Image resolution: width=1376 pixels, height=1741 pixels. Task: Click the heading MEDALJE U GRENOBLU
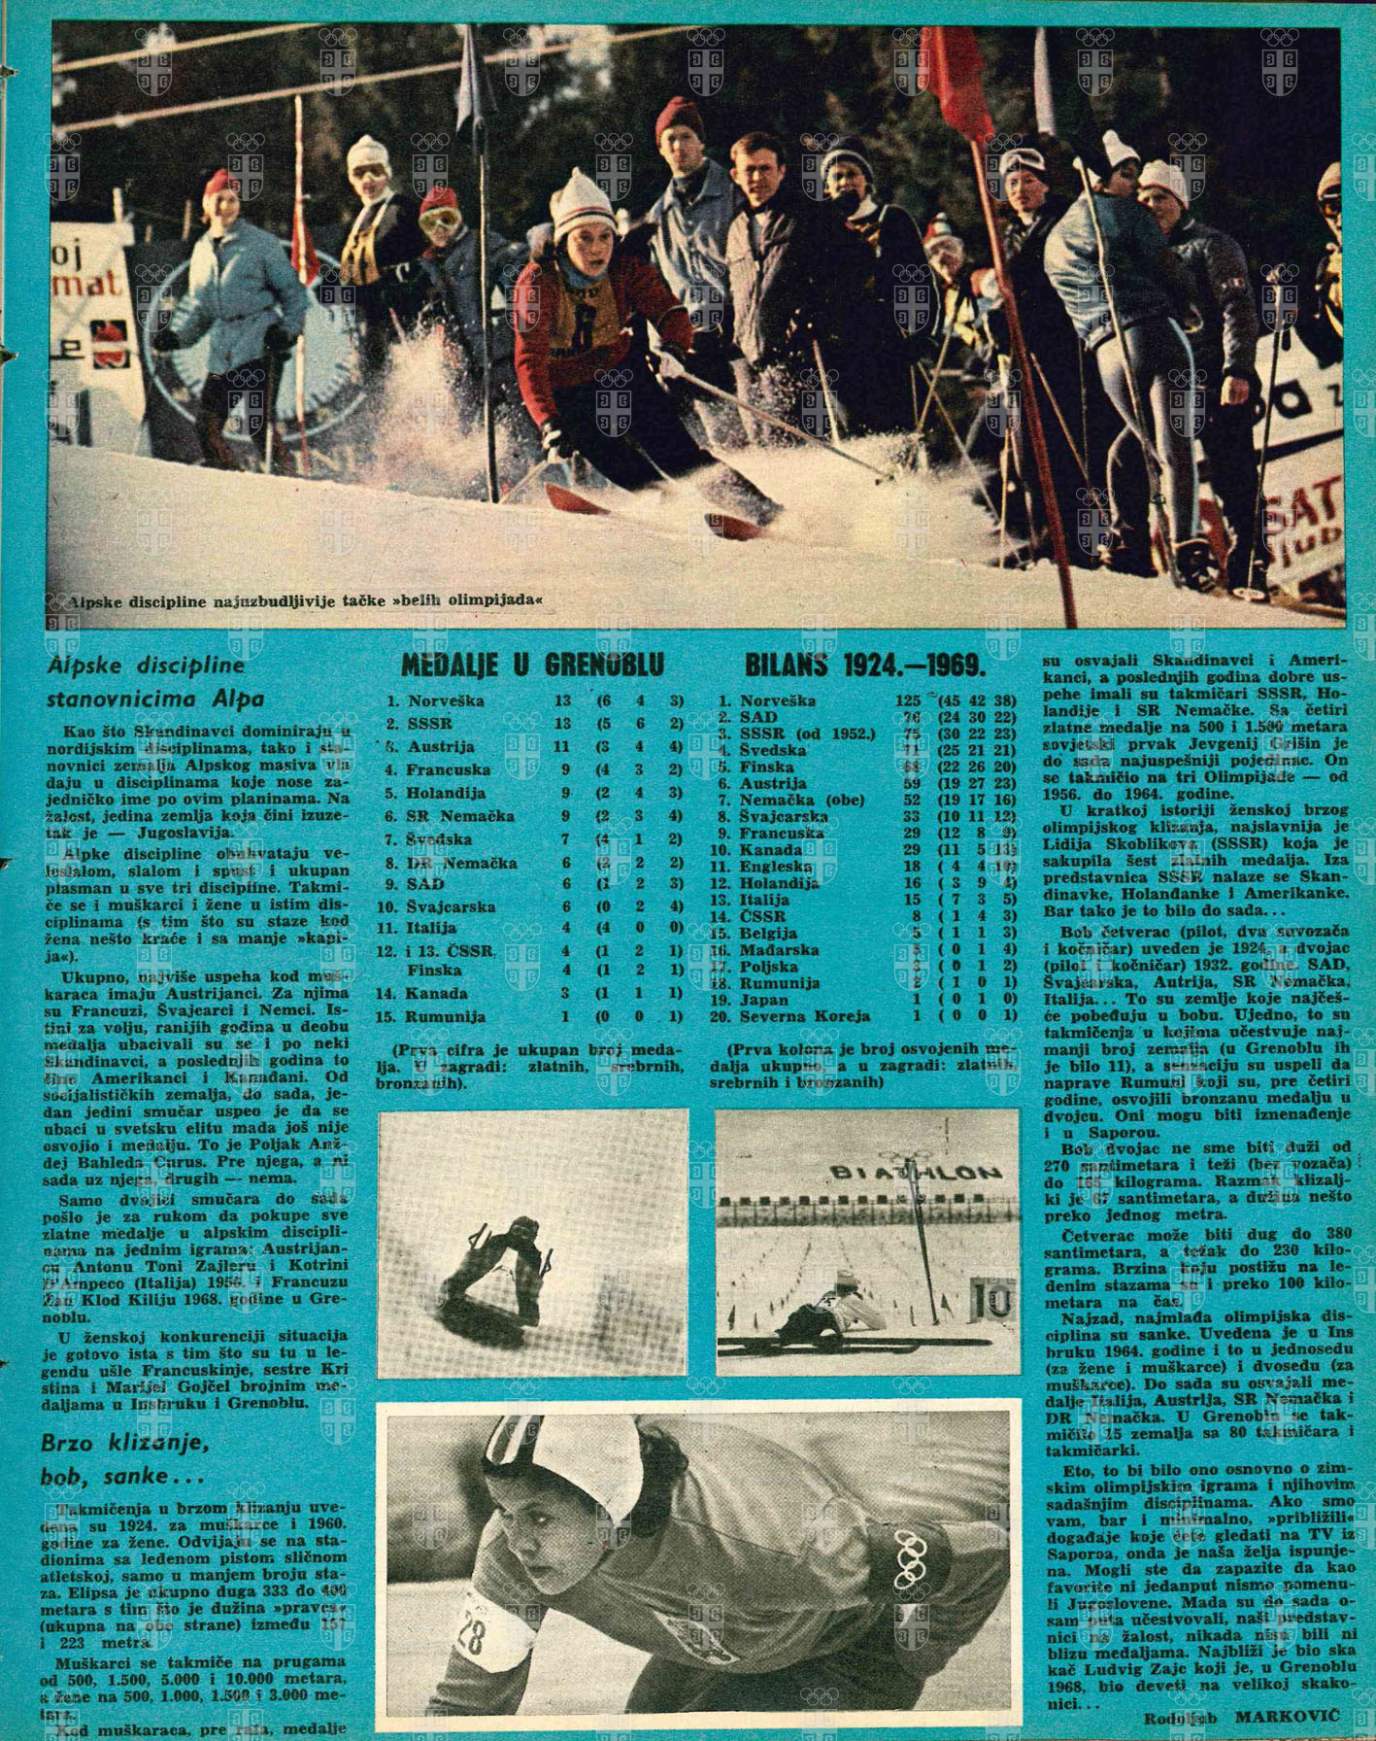click(x=532, y=666)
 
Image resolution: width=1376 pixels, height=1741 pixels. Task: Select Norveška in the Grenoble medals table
click(x=446, y=700)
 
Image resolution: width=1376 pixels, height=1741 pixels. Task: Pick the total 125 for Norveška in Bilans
click(x=908, y=700)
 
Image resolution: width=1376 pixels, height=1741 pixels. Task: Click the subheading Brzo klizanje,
click(x=125, y=1443)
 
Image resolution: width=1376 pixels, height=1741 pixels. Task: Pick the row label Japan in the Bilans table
click(x=763, y=1000)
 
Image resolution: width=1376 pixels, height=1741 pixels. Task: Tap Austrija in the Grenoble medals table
click(x=441, y=747)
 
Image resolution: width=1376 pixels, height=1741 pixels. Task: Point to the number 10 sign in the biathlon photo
click(x=990, y=1297)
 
